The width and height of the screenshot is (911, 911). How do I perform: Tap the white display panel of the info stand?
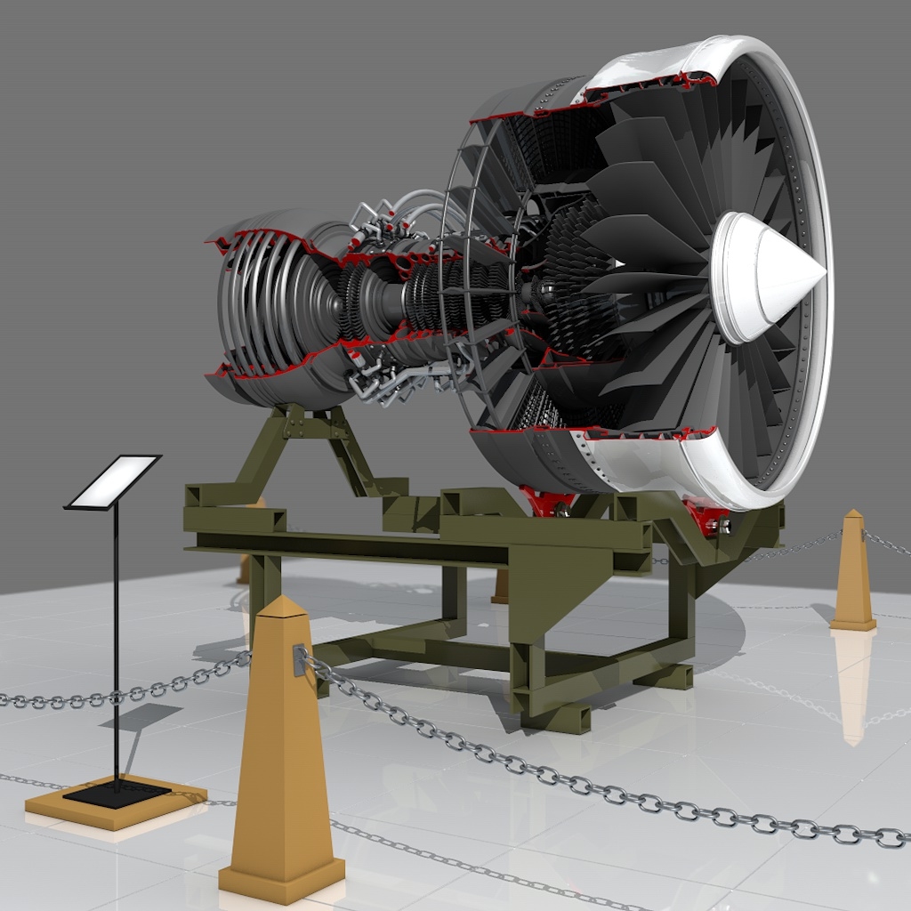114,481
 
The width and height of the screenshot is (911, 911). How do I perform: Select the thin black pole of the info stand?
116,641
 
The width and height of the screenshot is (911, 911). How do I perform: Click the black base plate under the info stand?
117,793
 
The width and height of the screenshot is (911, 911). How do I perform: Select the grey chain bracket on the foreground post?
299,659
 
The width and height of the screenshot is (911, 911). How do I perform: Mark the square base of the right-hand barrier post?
853,624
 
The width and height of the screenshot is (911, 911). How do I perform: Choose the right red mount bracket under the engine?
705,517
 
